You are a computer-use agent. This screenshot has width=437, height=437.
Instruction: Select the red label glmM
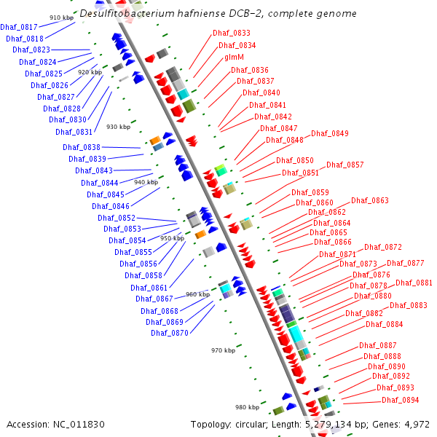click(234, 57)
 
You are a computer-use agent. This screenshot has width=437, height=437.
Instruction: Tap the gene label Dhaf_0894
click(400, 400)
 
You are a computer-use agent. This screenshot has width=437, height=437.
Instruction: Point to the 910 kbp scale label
click(61, 17)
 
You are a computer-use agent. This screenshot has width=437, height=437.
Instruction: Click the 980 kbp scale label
click(247, 407)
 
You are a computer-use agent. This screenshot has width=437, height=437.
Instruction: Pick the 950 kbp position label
click(173, 238)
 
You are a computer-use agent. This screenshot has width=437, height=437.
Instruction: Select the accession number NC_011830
click(77, 424)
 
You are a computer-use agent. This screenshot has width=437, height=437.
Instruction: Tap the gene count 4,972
click(414, 424)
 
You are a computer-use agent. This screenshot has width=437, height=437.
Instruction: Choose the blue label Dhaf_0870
click(170, 333)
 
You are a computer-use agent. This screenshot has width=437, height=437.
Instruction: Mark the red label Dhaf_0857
click(345, 165)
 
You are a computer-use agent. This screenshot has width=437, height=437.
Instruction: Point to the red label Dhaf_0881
click(414, 283)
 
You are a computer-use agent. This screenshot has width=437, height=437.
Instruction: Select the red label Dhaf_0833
click(231, 34)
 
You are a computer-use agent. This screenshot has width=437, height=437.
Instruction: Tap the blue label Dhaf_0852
click(117, 218)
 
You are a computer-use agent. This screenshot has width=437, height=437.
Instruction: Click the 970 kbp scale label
click(224, 350)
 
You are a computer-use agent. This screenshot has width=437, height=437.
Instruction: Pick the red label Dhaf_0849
click(329, 133)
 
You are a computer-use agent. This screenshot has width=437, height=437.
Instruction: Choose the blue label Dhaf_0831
click(74, 132)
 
